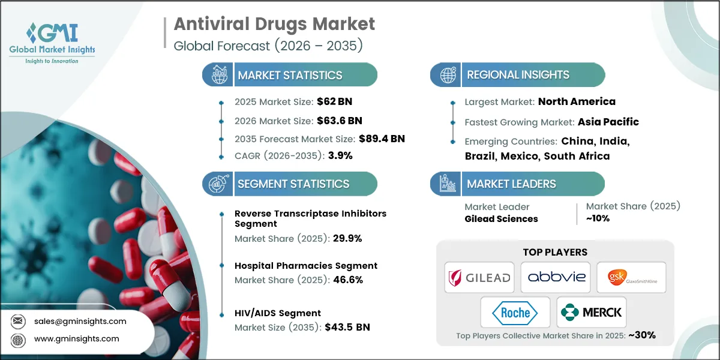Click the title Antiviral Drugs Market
tap(274, 24)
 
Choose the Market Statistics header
tap(290, 75)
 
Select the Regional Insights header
tap(518, 75)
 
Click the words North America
tap(577, 101)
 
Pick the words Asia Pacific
tap(608, 122)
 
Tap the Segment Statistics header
tap(293, 184)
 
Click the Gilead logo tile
tap(479, 277)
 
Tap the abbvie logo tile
tap(555, 277)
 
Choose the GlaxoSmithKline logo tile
tap(631, 277)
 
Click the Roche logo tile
tap(515, 313)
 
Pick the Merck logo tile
tap(591, 313)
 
